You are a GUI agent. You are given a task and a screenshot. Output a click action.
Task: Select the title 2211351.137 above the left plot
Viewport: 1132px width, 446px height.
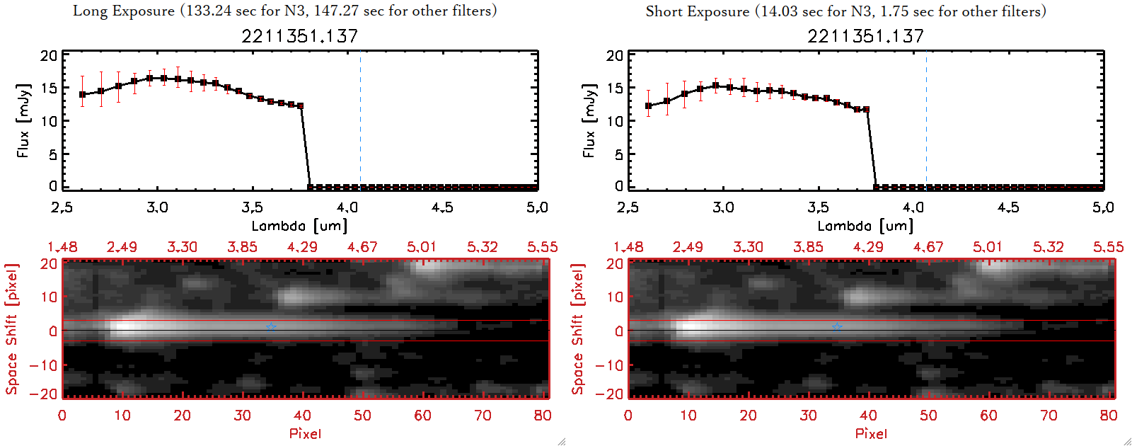[299, 36]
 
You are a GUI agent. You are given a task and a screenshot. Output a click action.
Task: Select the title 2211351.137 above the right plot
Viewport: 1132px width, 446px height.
[865, 36]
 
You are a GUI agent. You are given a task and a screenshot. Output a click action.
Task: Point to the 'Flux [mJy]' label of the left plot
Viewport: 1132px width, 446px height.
[23, 120]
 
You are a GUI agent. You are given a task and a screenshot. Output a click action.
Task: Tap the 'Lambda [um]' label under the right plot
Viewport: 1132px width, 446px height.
[865, 226]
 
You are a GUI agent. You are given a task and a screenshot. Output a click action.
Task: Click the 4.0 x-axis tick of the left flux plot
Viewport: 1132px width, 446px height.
[347, 207]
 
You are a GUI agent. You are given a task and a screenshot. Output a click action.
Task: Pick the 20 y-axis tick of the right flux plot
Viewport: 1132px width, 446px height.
[614, 56]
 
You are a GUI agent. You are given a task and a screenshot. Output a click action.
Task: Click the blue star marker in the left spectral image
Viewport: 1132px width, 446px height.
[271, 326]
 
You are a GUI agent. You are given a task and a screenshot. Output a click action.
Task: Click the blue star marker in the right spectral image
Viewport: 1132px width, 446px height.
[837, 326]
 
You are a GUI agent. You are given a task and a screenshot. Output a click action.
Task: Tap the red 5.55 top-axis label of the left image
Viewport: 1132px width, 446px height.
[542, 247]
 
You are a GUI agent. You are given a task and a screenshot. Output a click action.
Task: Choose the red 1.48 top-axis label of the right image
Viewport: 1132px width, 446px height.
[628, 247]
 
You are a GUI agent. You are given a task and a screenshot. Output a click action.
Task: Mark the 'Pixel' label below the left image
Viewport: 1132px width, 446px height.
[305, 433]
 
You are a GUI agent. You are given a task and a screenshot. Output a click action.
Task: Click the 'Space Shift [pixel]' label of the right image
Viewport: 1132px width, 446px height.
[578, 329]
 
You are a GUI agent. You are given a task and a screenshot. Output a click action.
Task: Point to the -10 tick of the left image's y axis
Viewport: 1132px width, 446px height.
[43, 365]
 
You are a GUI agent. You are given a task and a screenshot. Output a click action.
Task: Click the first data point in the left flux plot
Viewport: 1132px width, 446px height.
[83, 94]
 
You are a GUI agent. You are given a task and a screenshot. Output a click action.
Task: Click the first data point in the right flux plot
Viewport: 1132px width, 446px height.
[649, 105]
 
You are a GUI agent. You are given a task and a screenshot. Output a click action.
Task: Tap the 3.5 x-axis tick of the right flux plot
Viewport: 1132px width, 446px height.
[818, 207]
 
